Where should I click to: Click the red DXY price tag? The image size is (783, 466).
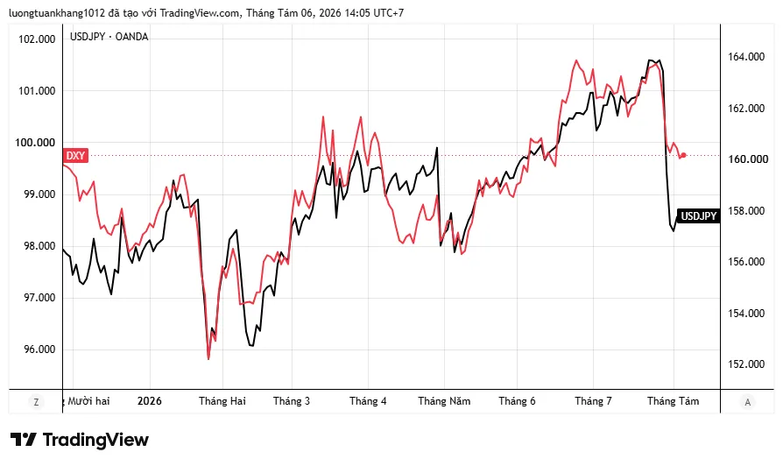tap(75, 155)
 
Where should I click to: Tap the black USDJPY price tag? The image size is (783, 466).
tap(699, 215)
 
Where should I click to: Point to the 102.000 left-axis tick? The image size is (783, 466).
tap(37, 39)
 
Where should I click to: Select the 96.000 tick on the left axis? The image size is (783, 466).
tap(37, 349)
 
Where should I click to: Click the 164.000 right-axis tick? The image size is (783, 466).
tap(746, 57)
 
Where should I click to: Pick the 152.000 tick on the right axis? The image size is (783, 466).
tap(746, 364)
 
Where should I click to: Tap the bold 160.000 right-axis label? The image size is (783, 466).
tap(748, 159)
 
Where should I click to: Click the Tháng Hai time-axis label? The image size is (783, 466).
tap(222, 401)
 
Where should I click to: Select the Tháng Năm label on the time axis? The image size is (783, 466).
tap(444, 401)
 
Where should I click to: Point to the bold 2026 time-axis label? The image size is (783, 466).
tap(149, 401)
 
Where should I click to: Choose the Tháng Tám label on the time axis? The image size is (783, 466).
tap(674, 401)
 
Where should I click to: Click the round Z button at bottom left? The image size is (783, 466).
tap(36, 401)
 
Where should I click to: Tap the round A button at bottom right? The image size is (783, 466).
tap(748, 401)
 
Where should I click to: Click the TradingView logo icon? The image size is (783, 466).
tap(24, 440)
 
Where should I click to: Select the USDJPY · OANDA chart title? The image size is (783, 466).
tap(109, 37)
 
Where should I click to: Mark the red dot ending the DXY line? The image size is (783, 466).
tap(684, 155)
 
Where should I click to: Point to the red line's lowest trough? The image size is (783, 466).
tap(208, 358)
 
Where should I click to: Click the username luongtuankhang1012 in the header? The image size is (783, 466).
tap(57, 13)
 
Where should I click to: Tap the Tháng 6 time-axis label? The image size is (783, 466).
tap(517, 401)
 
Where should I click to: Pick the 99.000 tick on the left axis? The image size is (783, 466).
tap(37, 194)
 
